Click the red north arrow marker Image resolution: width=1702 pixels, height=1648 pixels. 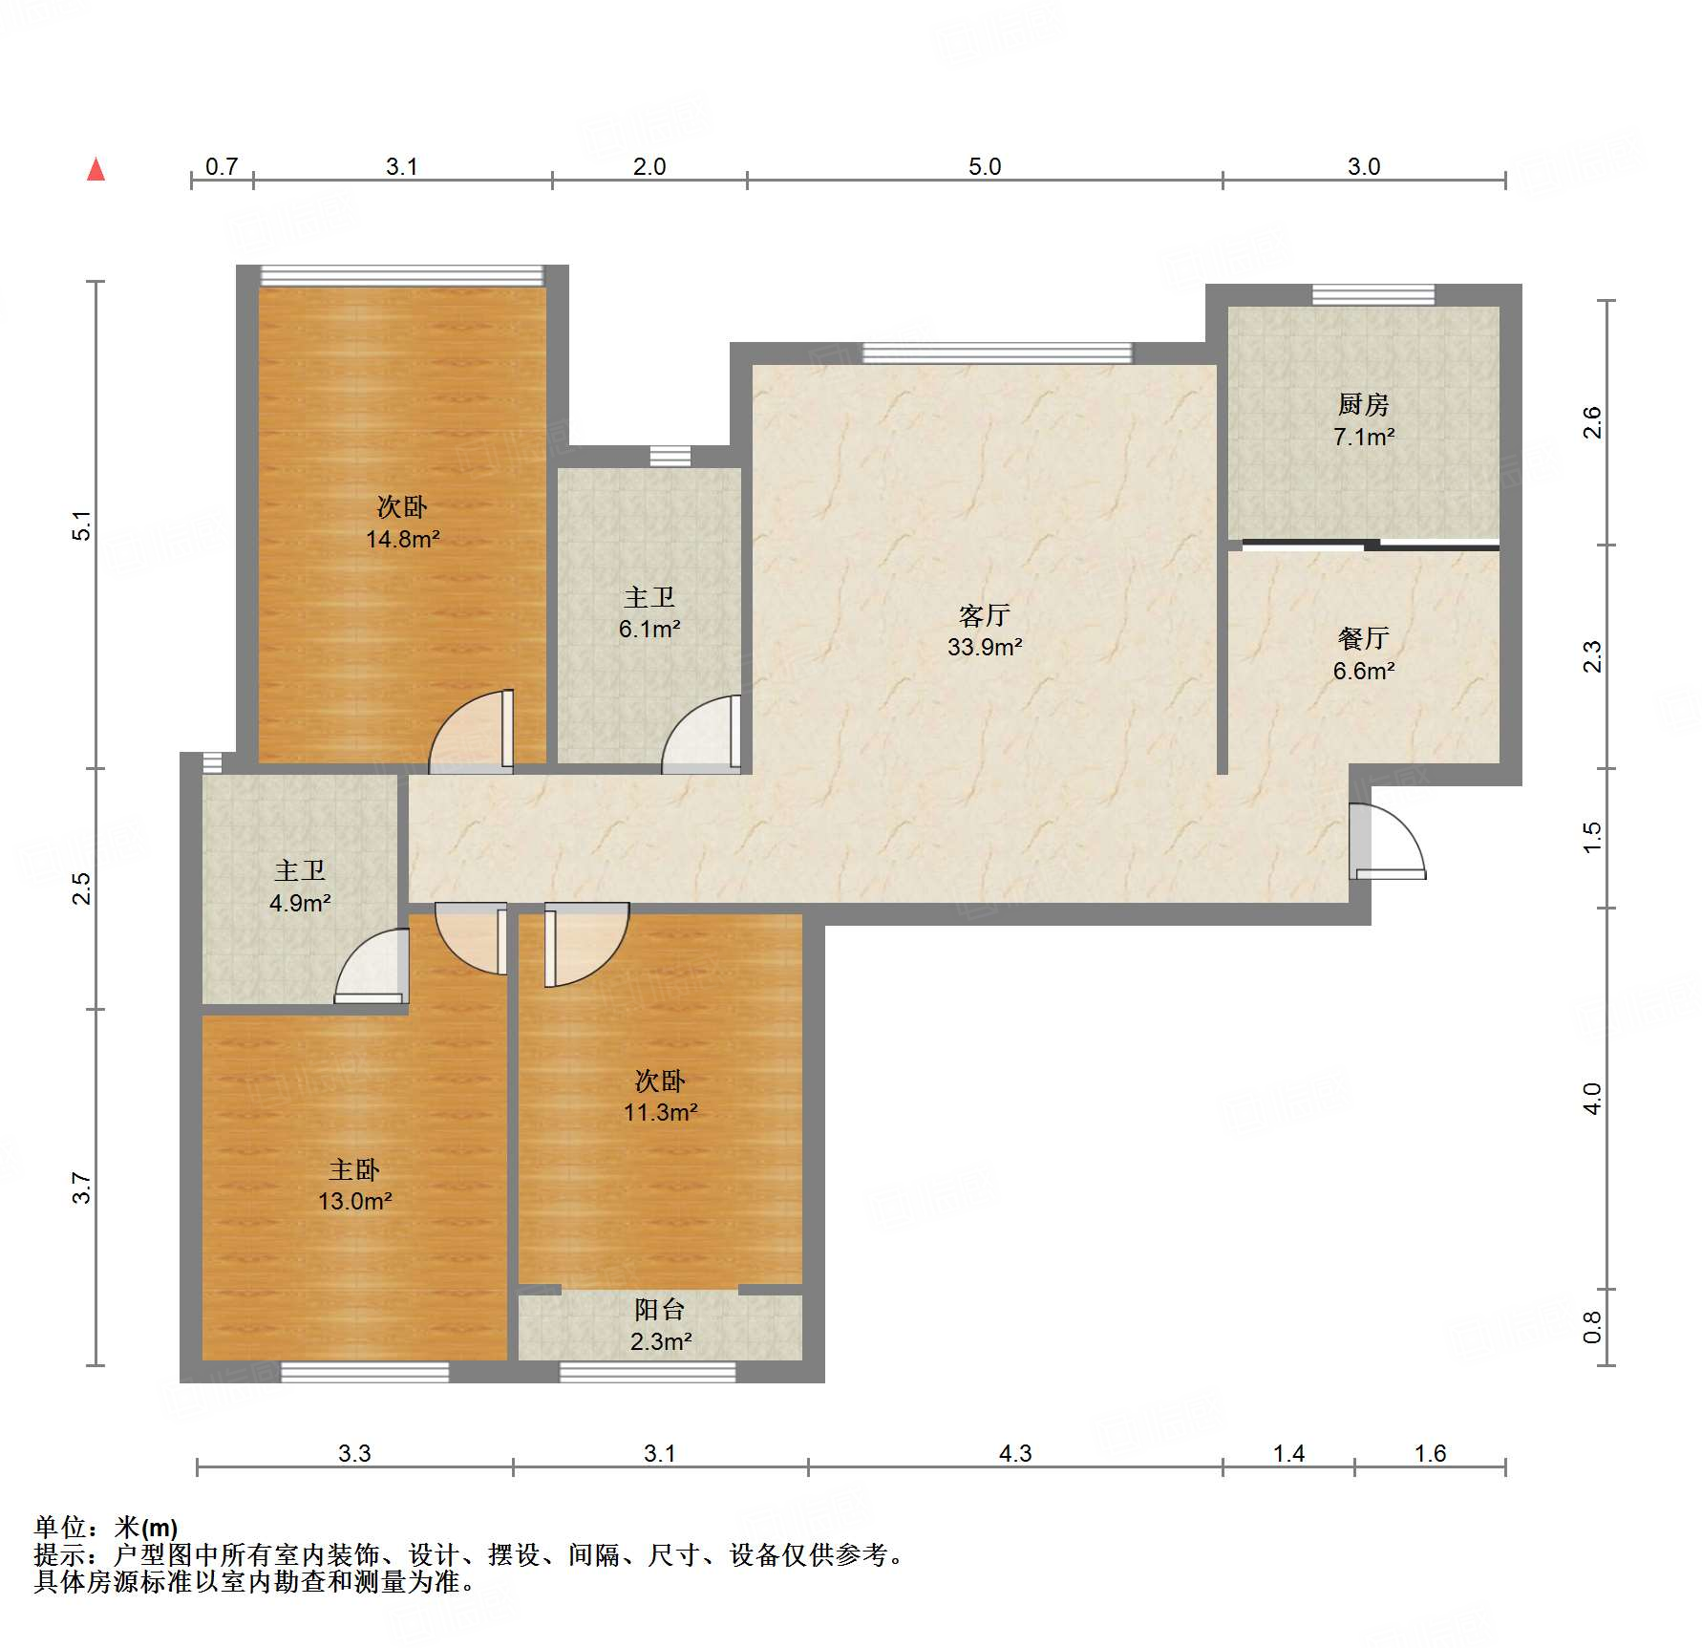tap(96, 169)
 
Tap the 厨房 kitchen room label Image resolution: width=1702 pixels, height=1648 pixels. tap(1363, 405)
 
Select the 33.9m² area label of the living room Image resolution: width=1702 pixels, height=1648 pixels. tap(985, 647)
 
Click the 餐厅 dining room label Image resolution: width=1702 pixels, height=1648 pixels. tap(1363, 638)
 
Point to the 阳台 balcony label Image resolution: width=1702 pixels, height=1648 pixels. tap(660, 1309)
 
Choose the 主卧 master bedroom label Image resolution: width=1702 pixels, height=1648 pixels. tap(354, 1169)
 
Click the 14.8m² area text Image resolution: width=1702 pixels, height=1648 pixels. tap(402, 539)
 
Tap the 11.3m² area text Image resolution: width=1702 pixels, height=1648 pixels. tap(660, 1112)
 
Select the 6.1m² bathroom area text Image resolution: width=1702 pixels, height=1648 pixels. tap(649, 629)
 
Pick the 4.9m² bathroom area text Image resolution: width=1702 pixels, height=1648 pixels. tap(300, 903)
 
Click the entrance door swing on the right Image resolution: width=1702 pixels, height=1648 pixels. tap(1387, 842)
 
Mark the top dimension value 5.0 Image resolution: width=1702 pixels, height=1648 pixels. tap(985, 166)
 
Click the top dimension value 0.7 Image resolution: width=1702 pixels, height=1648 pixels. tap(222, 166)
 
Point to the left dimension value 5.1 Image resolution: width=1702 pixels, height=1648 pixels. tap(82, 525)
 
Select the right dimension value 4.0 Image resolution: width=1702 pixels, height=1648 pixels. tap(1591, 1099)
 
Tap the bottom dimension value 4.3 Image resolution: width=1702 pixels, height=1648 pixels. tap(1015, 1453)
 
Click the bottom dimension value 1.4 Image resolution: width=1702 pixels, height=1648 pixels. tap(1288, 1453)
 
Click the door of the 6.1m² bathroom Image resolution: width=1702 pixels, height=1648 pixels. tap(702, 734)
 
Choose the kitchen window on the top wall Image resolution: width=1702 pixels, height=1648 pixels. tap(1373, 294)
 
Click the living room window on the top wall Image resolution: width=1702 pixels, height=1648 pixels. tap(997, 353)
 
